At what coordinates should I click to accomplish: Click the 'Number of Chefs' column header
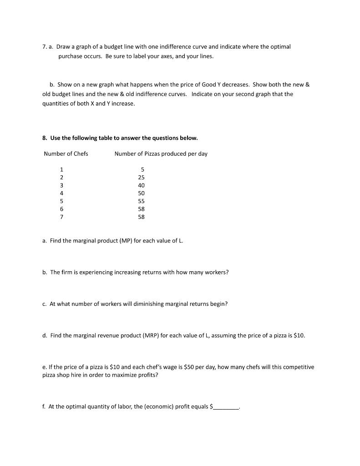[x=66, y=154]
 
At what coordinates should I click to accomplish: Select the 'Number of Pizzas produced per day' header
[x=161, y=154]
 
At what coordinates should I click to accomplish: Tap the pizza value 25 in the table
[x=141, y=177]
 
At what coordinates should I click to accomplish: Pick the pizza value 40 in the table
[x=141, y=185]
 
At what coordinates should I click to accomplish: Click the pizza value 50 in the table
[x=141, y=193]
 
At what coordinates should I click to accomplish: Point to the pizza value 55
[x=141, y=201]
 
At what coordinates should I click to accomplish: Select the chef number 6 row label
[x=61, y=209]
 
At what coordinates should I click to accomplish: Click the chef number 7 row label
[x=61, y=217]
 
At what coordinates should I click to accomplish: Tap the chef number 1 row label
[x=61, y=169]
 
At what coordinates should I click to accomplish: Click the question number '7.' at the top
[x=45, y=47]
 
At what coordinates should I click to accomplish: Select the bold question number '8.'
[x=45, y=138]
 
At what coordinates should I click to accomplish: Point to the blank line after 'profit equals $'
[x=226, y=407]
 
